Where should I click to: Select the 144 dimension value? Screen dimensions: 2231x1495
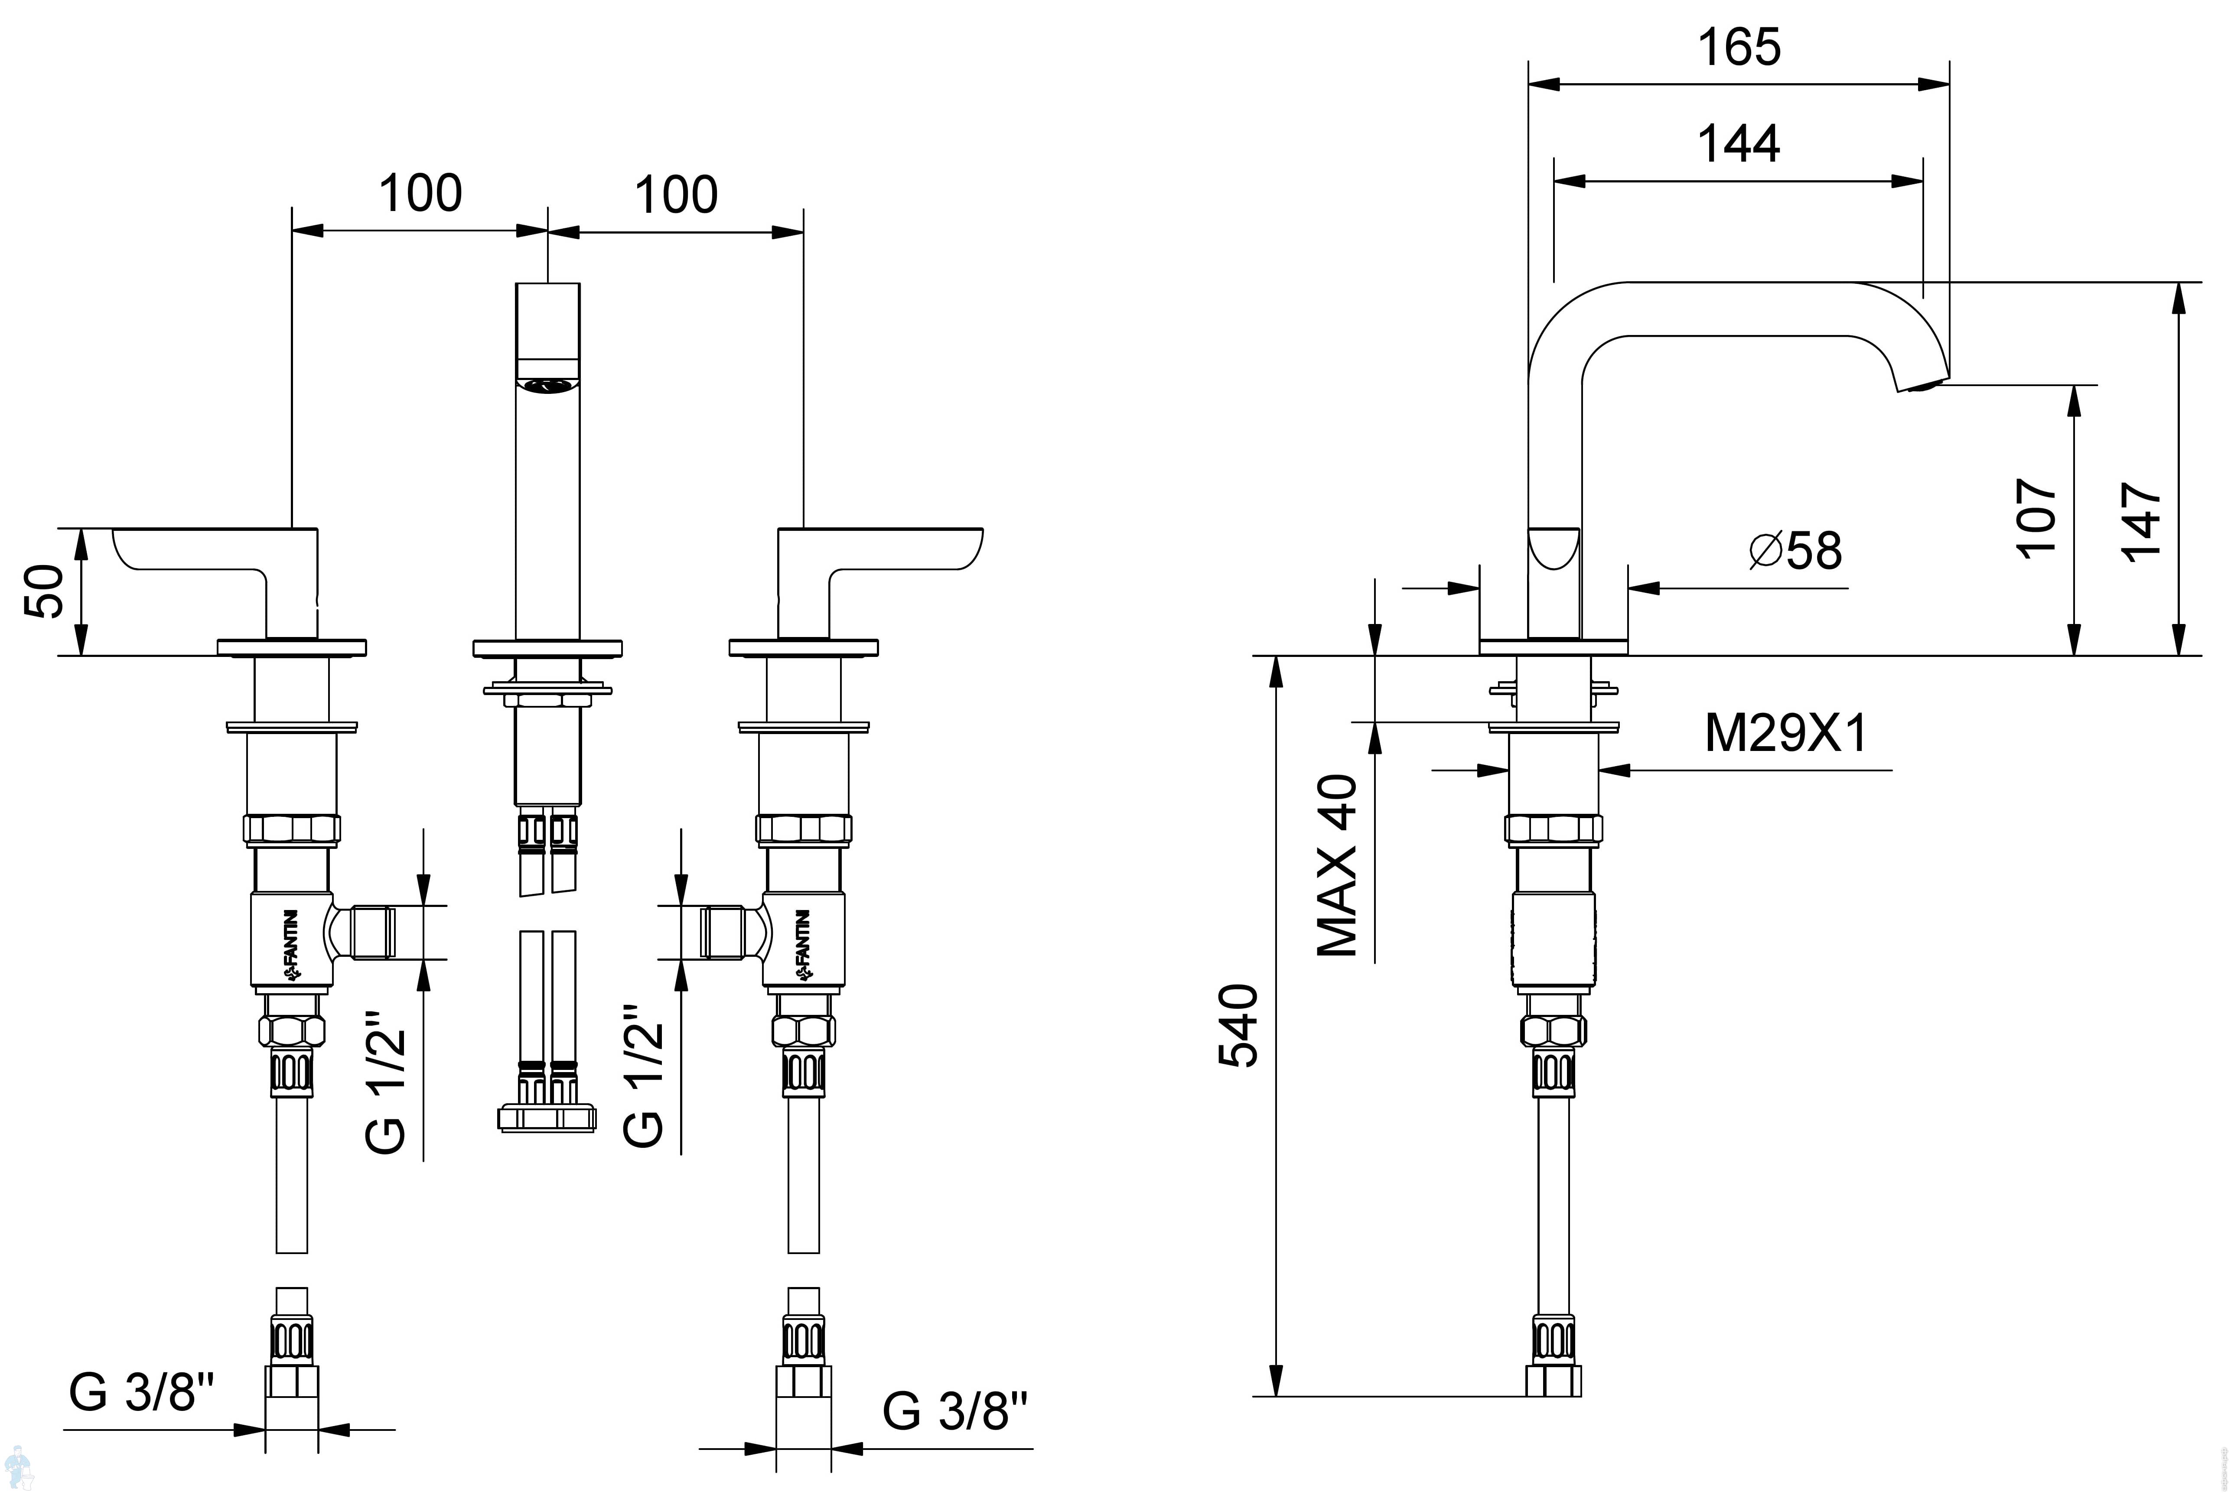click(x=1739, y=144)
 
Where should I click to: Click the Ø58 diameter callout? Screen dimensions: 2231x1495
click(x=1796, y=551)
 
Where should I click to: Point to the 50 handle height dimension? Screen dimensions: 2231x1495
click(x=44, y=591)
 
